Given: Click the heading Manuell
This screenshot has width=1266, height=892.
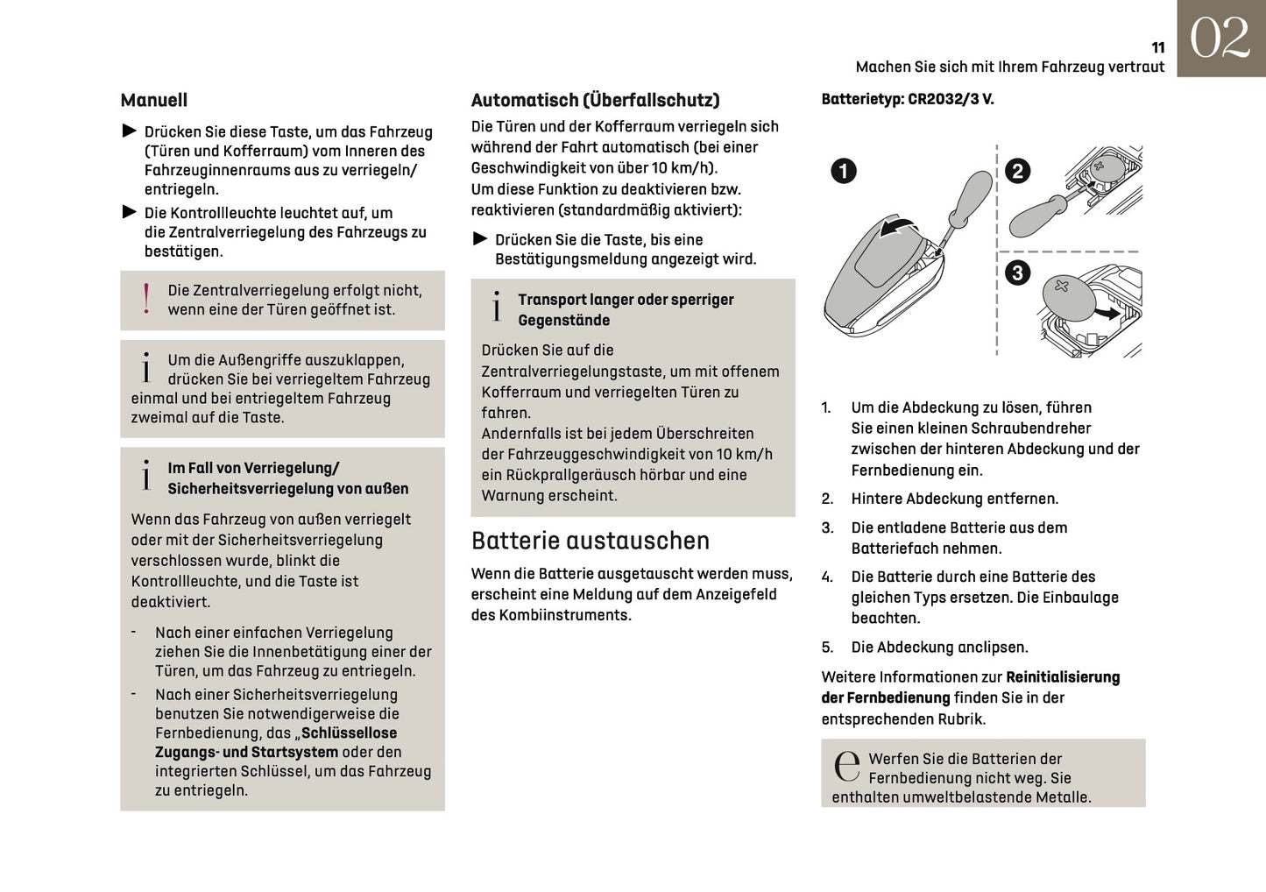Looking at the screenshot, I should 153,101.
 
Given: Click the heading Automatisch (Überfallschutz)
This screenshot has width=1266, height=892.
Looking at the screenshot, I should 595,101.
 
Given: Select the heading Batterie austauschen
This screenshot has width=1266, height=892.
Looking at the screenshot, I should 590,541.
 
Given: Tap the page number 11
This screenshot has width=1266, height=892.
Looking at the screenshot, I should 1157,48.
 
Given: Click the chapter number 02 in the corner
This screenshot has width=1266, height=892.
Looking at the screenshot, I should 1220,39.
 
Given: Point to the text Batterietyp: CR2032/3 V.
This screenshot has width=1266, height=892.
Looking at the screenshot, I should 907,99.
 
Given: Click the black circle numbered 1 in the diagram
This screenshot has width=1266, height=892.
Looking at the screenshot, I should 843,171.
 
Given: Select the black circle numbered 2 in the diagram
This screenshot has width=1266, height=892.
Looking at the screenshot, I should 1017,171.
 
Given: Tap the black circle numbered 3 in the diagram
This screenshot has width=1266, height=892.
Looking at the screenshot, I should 1016,273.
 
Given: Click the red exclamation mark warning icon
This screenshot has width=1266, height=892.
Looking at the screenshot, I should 146,299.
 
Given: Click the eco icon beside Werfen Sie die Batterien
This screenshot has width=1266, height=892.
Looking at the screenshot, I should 846,766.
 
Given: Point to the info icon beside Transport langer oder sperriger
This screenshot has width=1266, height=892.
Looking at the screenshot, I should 497,308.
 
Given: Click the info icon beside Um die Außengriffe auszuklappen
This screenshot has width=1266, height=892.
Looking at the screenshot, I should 146,368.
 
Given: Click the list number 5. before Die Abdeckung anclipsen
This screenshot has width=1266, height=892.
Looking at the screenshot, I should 827,648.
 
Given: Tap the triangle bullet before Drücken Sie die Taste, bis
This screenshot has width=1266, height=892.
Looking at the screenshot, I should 479,239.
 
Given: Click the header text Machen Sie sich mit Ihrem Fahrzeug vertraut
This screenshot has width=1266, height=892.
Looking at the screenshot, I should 1009,67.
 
